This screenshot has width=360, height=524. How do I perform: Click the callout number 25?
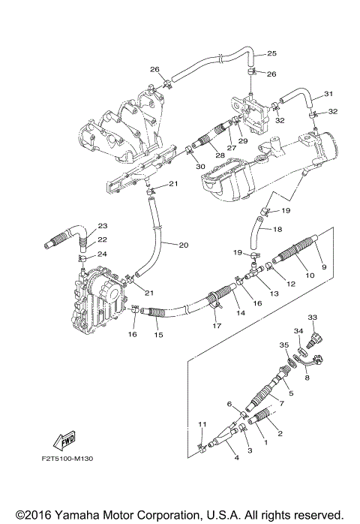(x=271, y=53)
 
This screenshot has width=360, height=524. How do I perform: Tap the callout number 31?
(x=328, y=94)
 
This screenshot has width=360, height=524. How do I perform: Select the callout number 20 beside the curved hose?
(x=184, y=244)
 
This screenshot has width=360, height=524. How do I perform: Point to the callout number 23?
(x=103, y=225)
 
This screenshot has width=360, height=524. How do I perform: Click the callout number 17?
(x=216, y=325)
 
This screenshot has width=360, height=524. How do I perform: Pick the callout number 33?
(x=313, y=318)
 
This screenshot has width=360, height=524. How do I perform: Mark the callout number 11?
(x=200, y=425)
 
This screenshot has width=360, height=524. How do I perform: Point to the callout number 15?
(x=158, y=335)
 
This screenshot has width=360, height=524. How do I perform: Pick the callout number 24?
(x=103, y=254)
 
